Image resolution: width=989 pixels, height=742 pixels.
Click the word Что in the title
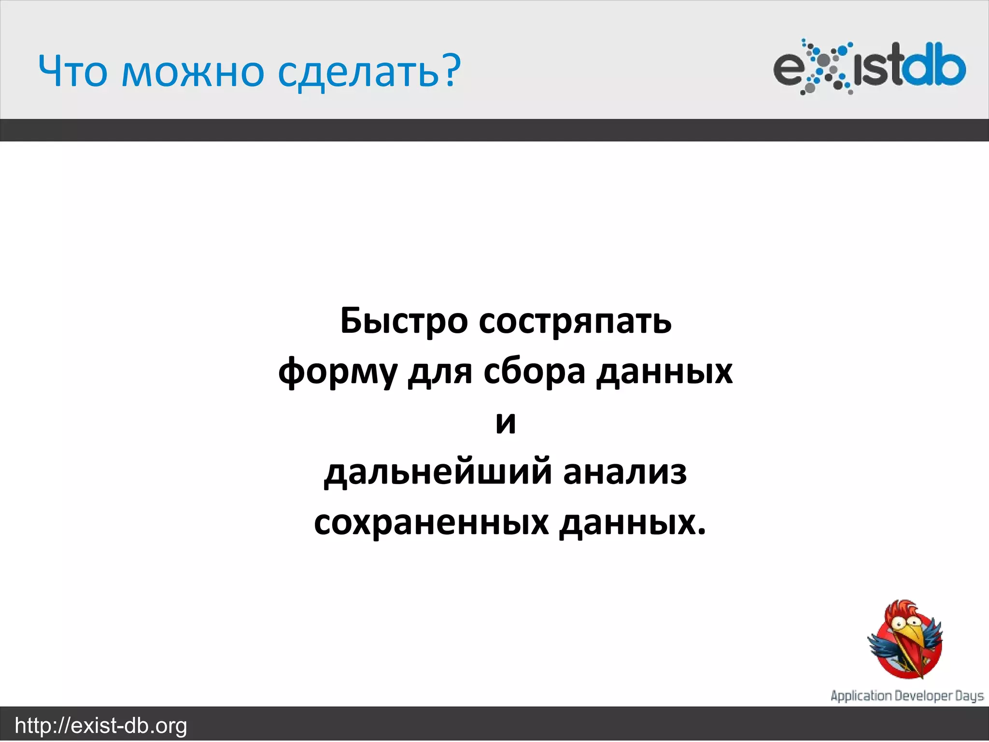click(x=72, y=71)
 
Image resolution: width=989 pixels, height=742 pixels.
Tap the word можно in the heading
click(x=192, y=71)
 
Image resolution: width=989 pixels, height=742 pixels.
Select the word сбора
click(x=534, y=372)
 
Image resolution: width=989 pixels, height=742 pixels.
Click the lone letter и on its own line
click(x=506, y=423)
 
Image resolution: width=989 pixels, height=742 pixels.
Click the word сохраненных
click(x=431, y=523)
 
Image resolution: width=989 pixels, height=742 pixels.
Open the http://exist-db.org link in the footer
click(x=101, y=726)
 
